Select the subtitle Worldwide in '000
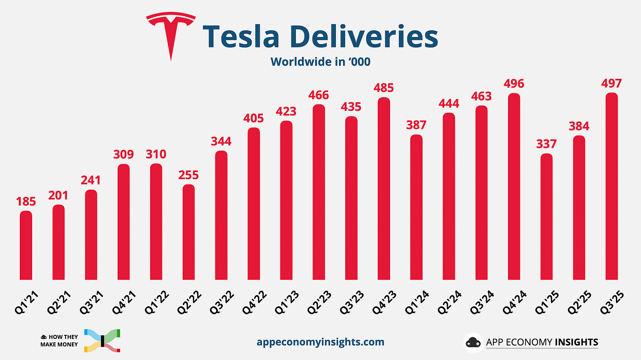point(320,62)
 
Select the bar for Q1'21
point(26,245)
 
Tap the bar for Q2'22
point(188,232)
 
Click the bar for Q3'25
point(612,186)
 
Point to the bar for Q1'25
point(546,217)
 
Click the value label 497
point(612,83)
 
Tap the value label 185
point(26,202)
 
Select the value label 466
point(319,95)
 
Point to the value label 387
point(416,125)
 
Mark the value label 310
point(156,154)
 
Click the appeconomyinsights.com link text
point(320,342)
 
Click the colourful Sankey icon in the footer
point(102,340)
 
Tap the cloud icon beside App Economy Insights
point(473,342)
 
